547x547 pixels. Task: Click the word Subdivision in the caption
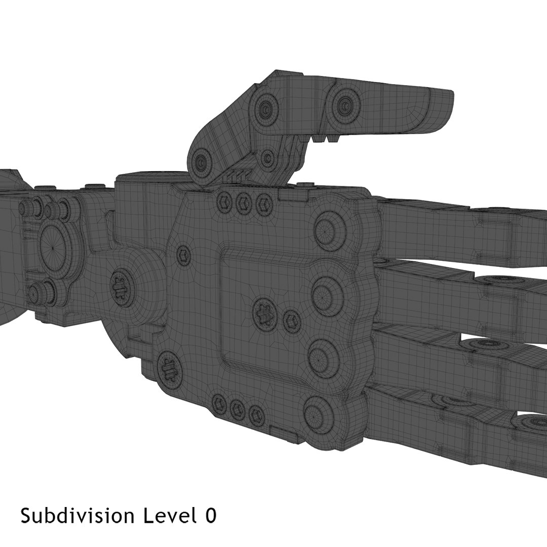(x=77, y=516)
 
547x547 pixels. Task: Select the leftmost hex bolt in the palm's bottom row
(x=219, y=404)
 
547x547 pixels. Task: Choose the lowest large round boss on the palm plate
(x=319, y=413)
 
